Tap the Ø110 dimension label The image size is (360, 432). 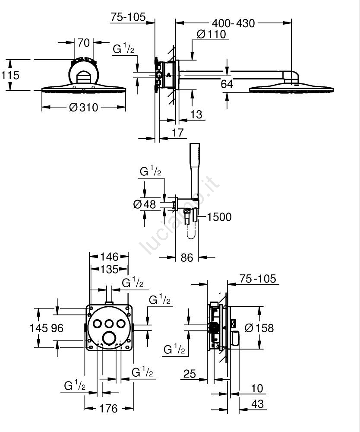212,34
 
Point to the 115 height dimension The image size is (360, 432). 10,75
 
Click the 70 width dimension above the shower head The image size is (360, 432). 83,43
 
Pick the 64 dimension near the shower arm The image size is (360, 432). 227,83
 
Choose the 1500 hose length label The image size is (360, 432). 219,217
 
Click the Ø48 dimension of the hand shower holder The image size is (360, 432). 145,204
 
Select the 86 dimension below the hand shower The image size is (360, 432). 186,258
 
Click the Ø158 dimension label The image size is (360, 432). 259,328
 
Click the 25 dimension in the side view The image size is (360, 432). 189,373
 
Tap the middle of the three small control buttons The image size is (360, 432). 109,323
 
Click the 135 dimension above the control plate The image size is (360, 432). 109,269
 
